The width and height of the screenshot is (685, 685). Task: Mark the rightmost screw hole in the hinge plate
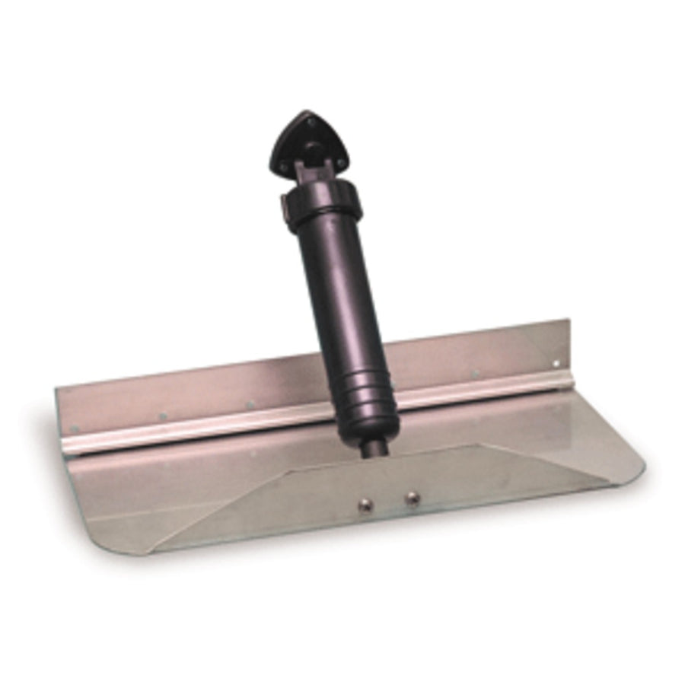pos(556,363)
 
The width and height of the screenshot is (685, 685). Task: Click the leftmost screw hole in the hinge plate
pos(162,416)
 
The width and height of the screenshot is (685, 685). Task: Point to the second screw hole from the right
pos(474,374)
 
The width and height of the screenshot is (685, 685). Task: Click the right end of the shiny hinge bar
pos(559,384)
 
